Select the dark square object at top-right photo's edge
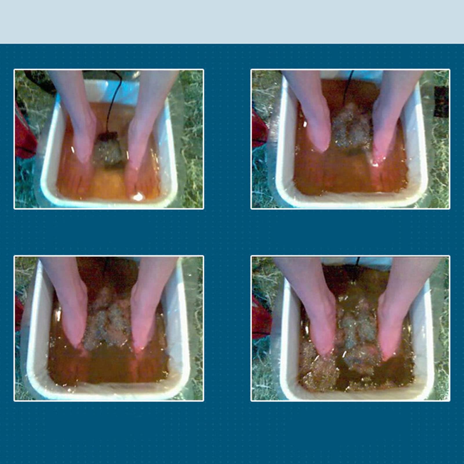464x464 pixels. point(441,101)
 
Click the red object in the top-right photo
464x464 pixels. point(259,128)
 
